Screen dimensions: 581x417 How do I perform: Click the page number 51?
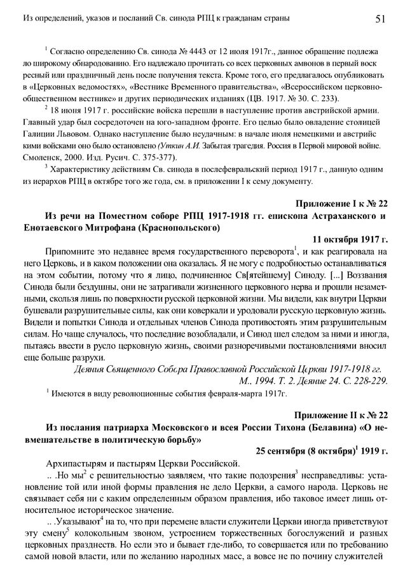click(x=379, y=19)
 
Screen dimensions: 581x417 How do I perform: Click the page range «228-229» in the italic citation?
click(x=371, y=381)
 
